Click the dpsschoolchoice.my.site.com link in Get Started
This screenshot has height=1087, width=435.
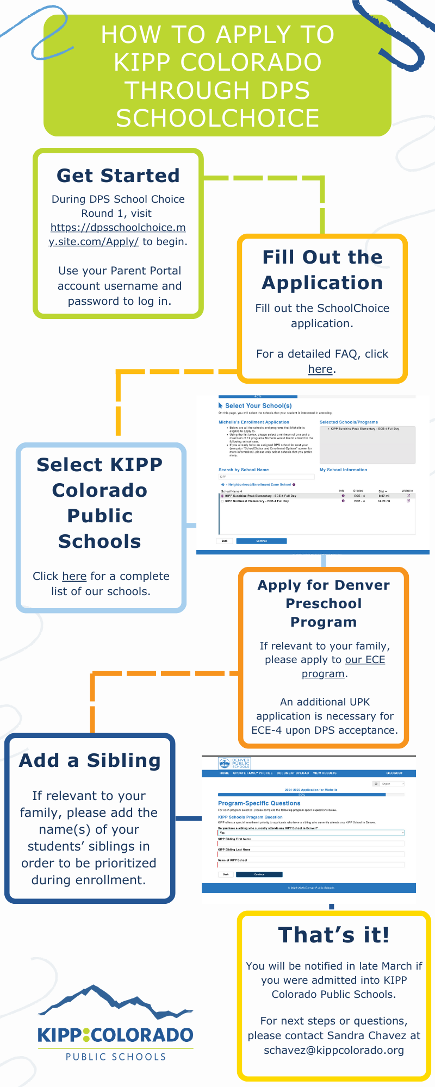tap(118, 234)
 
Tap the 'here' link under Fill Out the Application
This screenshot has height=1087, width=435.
tap(320, 369)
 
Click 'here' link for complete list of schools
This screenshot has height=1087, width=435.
tap(74, 576)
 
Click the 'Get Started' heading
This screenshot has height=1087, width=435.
tap(118, 176)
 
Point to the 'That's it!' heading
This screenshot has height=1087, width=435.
tap(333, 935)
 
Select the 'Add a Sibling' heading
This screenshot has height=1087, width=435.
tap(90, 760)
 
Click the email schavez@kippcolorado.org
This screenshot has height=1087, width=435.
tap(334, 1050)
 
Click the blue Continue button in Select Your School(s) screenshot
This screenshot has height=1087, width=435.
tap(262, 541)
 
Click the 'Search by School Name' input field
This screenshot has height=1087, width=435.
tap(266, 477)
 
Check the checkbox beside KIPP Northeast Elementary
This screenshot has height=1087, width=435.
tap(222, 501)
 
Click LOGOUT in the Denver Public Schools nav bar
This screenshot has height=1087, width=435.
tap(395, 773)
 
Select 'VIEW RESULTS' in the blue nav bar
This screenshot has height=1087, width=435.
tap(325, 773)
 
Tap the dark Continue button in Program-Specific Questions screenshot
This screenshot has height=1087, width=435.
tap(259, 874)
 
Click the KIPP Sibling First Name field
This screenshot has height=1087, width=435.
tap(310, 844)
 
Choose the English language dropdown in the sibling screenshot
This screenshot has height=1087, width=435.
tap(392, 784)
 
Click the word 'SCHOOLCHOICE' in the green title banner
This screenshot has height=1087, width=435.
tap(217, 118)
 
